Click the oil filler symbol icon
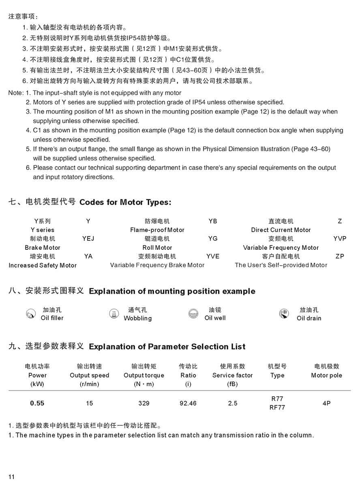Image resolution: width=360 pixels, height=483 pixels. click(x=30, y=313)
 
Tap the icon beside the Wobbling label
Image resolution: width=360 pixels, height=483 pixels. click(x=114, y=313)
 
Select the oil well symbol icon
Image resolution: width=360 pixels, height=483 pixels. click(x=193, y=313)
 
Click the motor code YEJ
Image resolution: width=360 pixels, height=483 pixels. click(x=88, y=238)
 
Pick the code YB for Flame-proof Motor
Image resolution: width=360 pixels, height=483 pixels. click(x=213, y=221)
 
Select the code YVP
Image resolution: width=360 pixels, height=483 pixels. click(x=340, y=238)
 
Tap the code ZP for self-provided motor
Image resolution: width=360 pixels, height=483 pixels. click(x=340, y=256)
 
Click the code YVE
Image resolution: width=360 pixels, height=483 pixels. click(x=213, y=256)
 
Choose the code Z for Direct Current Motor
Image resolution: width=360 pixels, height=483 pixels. click(x=340, y=221)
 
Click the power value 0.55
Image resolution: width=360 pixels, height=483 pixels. click(x=37, y=403)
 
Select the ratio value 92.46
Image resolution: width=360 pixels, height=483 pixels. click(x=188, y=403)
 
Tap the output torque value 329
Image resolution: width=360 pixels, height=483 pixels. click(x=144, y=403)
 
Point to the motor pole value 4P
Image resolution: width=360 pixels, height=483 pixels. click(x=326, y=403)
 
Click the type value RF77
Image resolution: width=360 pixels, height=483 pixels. click(x=277, y=408)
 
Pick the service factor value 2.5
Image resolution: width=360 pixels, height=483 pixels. click(x=233, y=403)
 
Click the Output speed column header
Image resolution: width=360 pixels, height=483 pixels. click(x=89, y=375)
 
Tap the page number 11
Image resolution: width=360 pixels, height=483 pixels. click(x=11, y=477)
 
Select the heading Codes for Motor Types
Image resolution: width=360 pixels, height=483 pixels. click(x=125, y=202)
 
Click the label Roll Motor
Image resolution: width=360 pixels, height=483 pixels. click(x=157, y=247)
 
